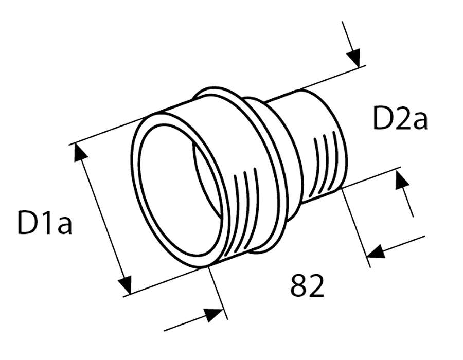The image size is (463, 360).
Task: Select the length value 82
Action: click(307, 286)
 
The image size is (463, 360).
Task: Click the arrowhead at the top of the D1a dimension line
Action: click(79, 153)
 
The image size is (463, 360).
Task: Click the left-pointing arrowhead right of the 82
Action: click(378, 251)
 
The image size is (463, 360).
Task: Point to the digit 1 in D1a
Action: click(46, 222)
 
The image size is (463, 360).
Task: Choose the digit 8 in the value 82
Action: click(299, 286)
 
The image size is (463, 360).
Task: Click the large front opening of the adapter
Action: click(177, 190)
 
